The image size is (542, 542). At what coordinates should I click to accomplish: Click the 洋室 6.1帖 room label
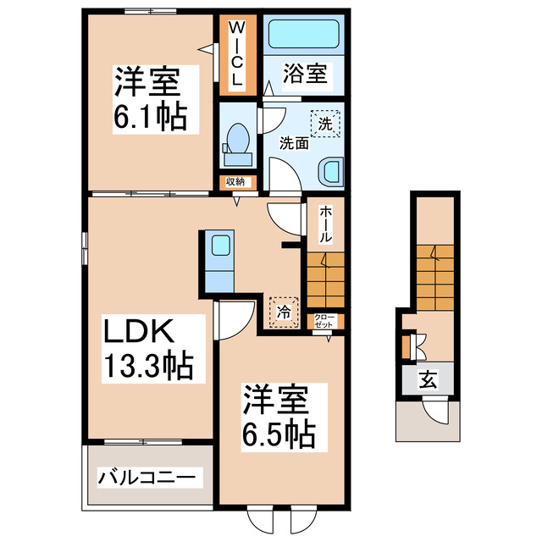point(149,100)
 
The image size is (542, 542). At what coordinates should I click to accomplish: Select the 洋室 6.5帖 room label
point(279,417)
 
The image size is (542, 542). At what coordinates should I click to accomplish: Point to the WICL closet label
point(237,54)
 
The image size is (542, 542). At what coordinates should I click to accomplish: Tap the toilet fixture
point(236,144)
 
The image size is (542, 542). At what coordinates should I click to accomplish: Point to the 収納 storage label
point(235,181)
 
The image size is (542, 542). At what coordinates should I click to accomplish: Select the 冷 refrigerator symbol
point(284,312)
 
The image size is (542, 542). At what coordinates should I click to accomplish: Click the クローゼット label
point(325,321)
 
